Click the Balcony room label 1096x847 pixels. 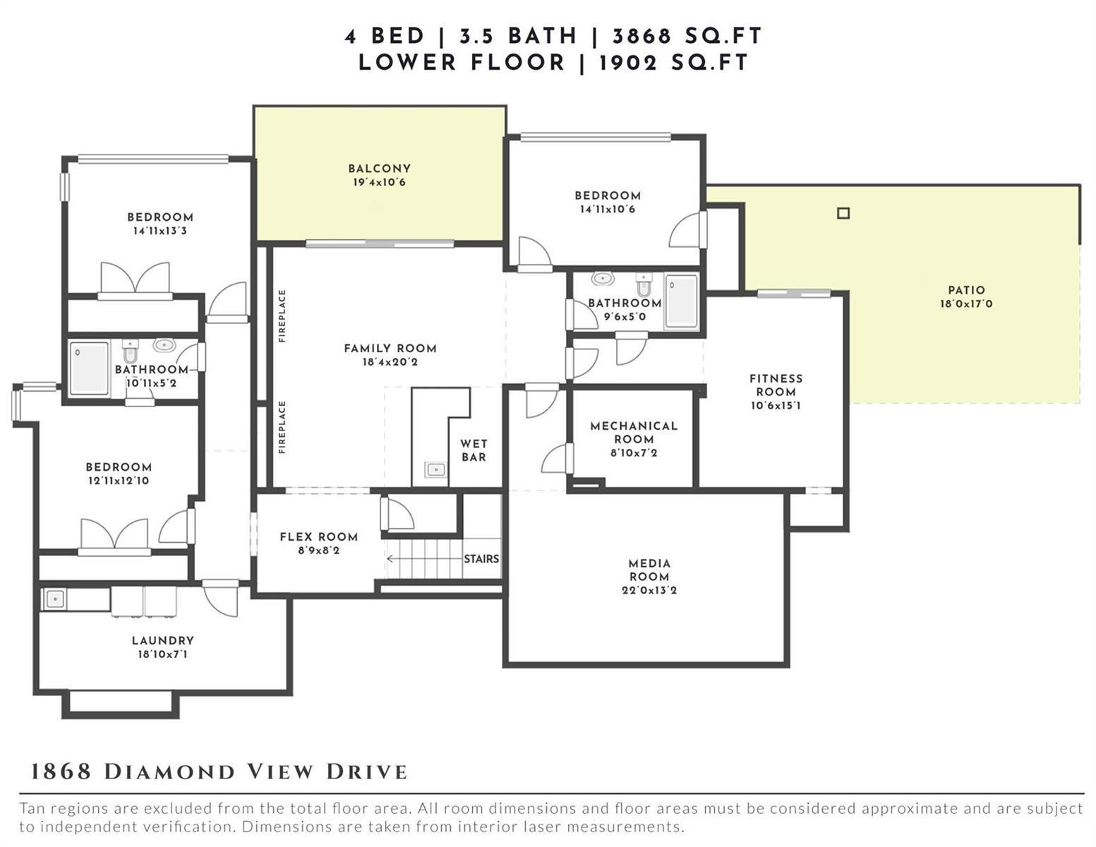pyautogui.click(x=379, y=169)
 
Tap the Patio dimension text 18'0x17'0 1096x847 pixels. pyautogui.click(x=966, y=304)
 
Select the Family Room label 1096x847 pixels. pyautogui.click(x=390, y=348)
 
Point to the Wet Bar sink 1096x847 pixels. pyautogui.click(x=435, y=470)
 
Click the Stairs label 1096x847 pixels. pyautogui.click(x=481, y=558)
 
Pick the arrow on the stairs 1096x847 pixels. pyautogui.click(x=425, y=558)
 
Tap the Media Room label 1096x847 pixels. pyautogui.click(x=649, y=570)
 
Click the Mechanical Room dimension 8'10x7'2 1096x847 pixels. pyautogui.click(x=634, y=452)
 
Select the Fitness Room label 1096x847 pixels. pyautogui.click(x=776, y=385)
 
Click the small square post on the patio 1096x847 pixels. pyautogui.click(x=843, y=213)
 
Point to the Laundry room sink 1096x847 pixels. pyautogui.click(x=54, y=599)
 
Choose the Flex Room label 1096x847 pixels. pyautogui.click(x=319, y=536)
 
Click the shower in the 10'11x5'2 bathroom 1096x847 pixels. pyautogui.click(x=89, y=368)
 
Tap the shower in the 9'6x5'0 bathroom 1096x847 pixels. pyautogui.click(x=681, y=301)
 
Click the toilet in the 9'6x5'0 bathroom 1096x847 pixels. pyautogui.click(x=644, y=285)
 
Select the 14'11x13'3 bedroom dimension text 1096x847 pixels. pyautogui.click(x=160, y=231)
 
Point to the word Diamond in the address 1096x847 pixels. pyautogui.click(x=170, y=771)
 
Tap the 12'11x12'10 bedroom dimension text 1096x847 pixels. pyautogui.click(x=119, y=480)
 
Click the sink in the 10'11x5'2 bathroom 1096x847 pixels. pyautogui.click(x=164, y=345)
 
